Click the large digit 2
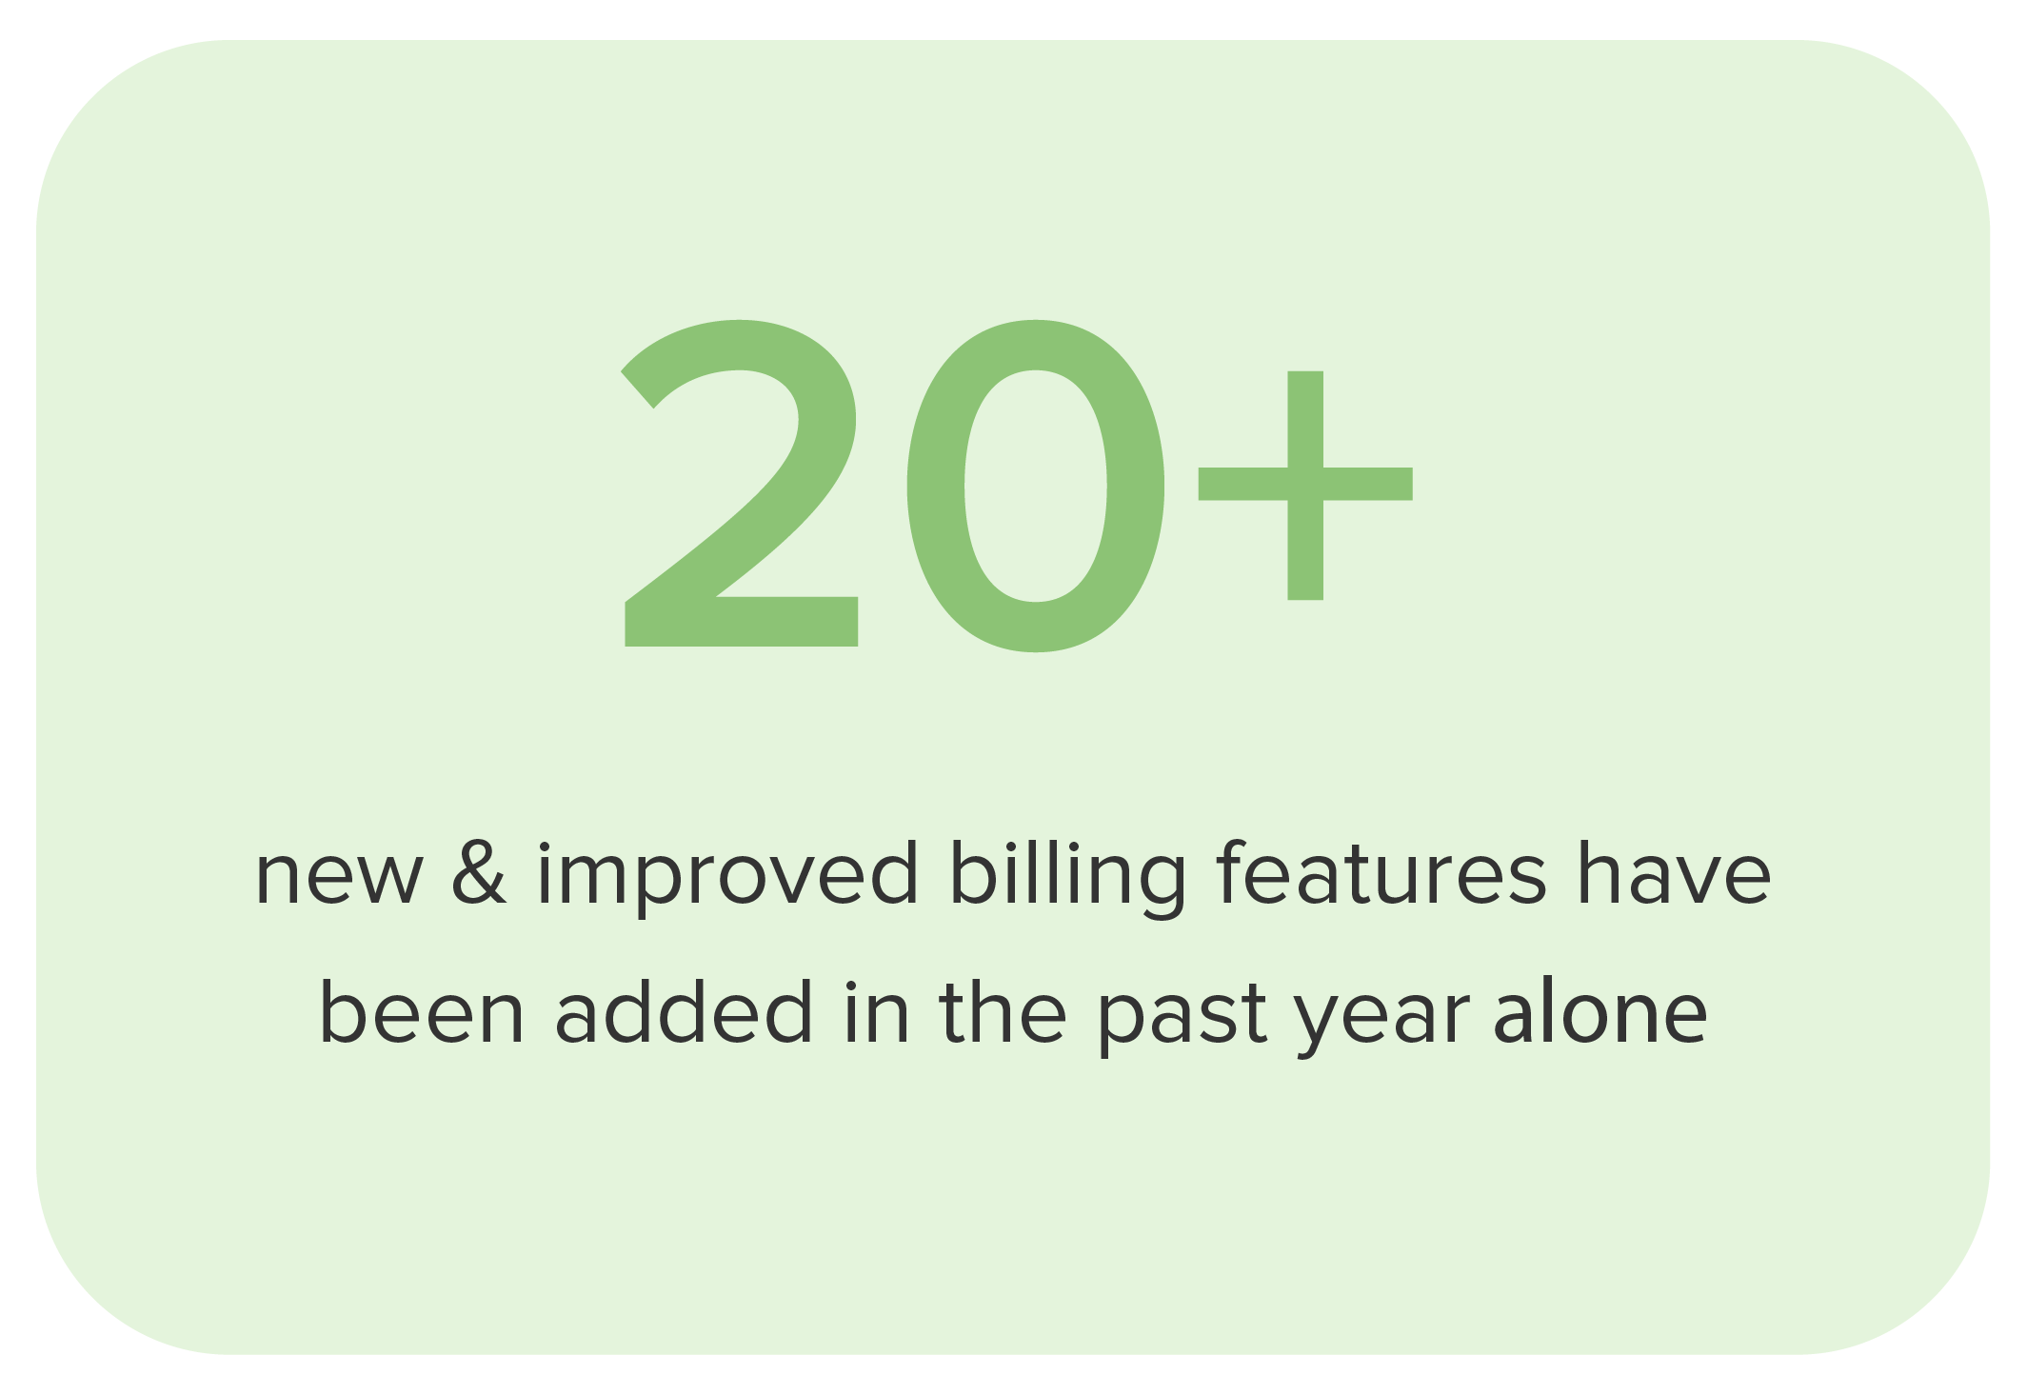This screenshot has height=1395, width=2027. click(x=741, y=486)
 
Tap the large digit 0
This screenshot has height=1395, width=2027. click(x=1035, y=486)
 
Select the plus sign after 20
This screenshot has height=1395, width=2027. click(x=1304, y=486)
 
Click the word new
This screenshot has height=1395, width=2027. click(x=337, y=877)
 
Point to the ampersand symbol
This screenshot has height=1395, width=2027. click(x=479, y=874)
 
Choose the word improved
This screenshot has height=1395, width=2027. click(x=727, y=877)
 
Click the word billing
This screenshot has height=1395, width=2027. click(x=1067, y=877)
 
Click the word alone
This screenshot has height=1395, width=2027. click(x=1600, y=1013)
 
